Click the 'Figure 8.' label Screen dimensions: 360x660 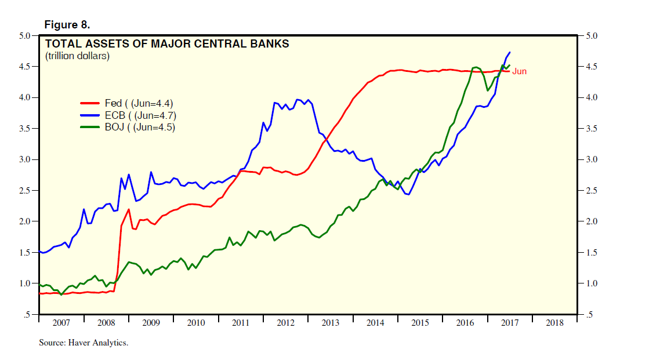(67, 25)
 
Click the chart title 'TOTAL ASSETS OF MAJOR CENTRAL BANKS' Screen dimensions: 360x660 (167, 43)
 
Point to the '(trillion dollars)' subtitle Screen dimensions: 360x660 (77, 56)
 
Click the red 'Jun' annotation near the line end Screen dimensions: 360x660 (519, 71)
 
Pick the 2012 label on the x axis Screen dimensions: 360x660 (285, 322)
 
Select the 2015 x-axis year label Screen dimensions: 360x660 (420, 322)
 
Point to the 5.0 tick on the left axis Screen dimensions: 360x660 (24, 36)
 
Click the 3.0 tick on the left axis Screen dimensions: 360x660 (24, 159)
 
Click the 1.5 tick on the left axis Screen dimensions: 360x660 (24, 253)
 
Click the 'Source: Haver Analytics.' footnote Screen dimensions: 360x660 (83, 343)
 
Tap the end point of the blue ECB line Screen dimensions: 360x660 (510, 52)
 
